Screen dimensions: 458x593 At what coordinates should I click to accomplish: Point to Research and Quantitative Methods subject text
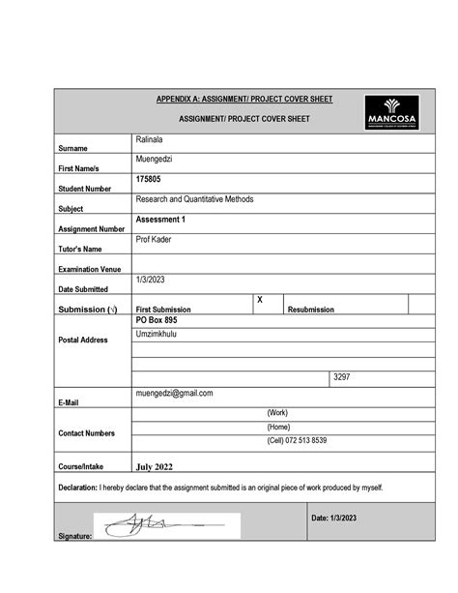195,199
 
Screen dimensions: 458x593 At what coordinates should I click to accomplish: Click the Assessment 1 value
159,220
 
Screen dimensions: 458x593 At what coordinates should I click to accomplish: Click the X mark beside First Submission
260,301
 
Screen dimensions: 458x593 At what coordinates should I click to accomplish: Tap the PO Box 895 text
157,319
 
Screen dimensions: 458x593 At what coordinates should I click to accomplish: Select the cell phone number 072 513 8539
298,440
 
